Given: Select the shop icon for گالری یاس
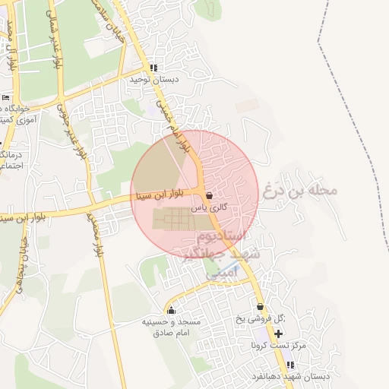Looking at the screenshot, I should point(209,195).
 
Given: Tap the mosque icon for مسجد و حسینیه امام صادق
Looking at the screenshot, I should point(171,310).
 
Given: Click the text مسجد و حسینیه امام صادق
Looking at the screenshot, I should point(171,327).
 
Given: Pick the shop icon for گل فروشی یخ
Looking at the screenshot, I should point(261,307).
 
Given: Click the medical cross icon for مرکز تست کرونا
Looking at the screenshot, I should point(278,334).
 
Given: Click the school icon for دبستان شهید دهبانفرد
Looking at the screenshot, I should point(289,365).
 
